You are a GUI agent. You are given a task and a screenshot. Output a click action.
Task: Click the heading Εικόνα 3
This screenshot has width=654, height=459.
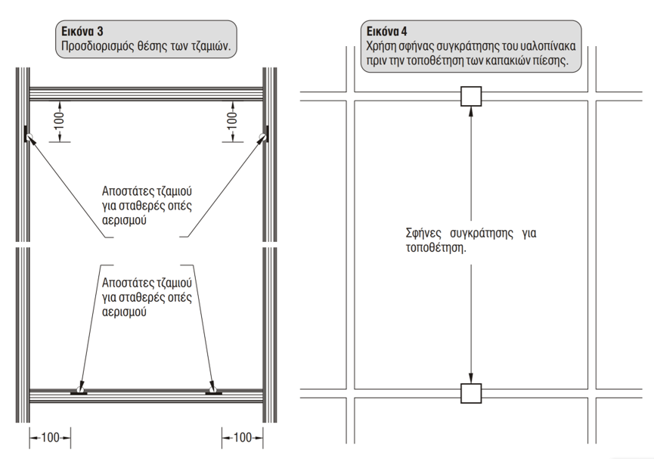(82, 31)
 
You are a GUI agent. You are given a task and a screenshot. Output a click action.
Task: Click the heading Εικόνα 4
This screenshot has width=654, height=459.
(387, 31)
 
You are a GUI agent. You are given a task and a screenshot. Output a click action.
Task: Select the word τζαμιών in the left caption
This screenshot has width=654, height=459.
(211, 45)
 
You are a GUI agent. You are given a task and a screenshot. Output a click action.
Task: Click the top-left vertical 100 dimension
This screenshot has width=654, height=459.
(60, 121)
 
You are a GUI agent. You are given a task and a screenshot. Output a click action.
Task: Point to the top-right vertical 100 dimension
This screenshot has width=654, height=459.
(232, 121)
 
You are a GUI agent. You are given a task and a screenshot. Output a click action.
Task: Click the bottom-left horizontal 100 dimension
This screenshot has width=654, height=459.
(50, 437)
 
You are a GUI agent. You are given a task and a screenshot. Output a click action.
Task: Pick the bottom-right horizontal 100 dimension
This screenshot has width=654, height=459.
(243, 437)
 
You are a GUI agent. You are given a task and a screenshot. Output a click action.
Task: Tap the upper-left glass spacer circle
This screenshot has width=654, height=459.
(29, 136)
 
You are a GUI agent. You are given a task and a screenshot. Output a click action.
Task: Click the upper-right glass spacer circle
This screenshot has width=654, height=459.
(262, 136)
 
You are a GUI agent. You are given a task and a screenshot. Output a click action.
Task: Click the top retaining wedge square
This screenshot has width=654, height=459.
(471, 96)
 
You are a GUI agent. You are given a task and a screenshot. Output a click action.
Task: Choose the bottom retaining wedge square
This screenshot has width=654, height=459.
(471, 393)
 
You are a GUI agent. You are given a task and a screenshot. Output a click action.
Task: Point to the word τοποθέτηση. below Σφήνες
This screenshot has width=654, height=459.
(435, 248)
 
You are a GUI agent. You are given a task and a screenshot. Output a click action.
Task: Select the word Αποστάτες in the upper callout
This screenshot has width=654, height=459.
(128, 191)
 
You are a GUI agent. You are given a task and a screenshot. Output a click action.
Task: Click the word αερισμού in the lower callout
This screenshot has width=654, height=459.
(124, 312)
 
